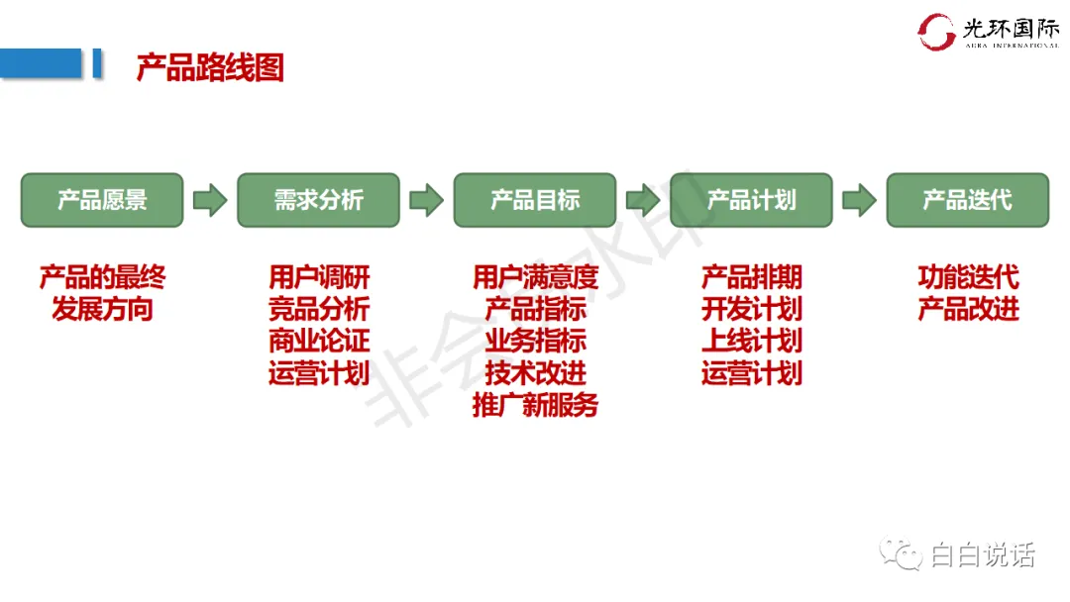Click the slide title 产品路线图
point(210,67)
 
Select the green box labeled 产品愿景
point(102,200)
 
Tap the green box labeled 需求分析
point(318,200)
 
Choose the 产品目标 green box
point(535,200)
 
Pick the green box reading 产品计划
point(751,200)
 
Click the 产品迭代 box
point(967,200)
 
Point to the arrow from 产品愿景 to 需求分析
point(210,200)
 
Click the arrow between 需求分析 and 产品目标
point(426,200)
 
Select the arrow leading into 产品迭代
point(859,200)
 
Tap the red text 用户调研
point(319,277)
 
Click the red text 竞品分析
point(319,309)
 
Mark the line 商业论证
point(319,341)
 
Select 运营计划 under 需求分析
point(319,373)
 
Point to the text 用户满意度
point(536,277)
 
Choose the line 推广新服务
point(536,405)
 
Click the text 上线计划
point(752,341)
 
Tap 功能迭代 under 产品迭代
point(968,277)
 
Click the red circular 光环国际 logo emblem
point(936,32)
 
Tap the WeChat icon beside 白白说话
point(902,555)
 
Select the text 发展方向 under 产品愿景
point(103,309)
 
